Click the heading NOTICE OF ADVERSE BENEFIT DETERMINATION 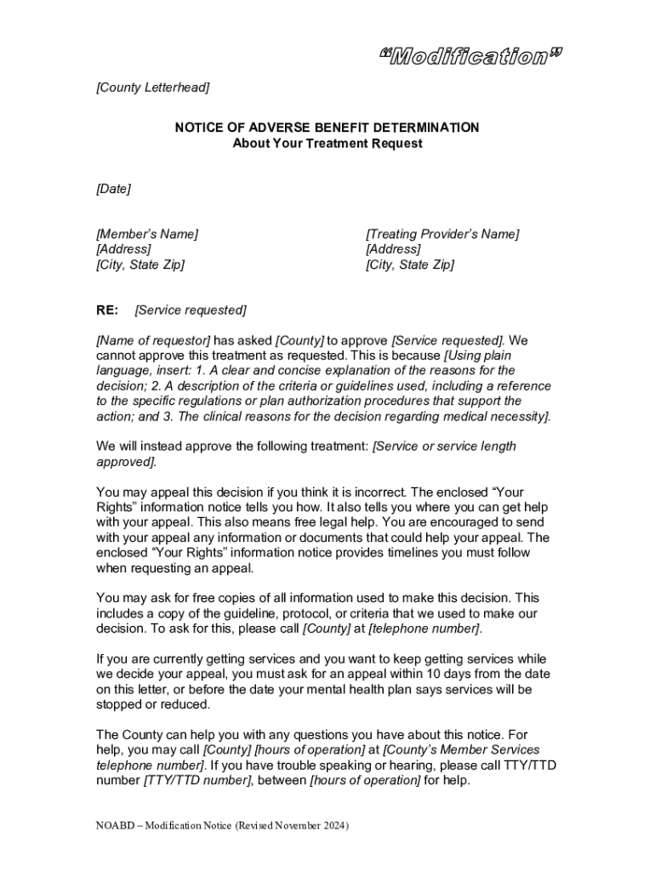[327, 128]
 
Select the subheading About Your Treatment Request [327, 144]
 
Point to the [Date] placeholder [114, 189]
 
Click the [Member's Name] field [147, 234]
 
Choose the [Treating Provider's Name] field [442, 234]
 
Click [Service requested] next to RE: [191, 310]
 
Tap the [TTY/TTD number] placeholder [197, 780]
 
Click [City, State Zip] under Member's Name [140, 265]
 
